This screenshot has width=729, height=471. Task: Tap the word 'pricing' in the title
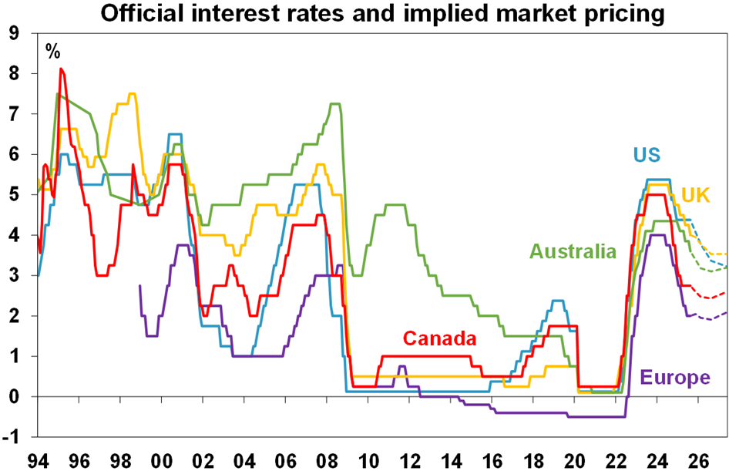click(x=623, y=13)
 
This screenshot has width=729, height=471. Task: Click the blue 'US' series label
click(x=647, y=154)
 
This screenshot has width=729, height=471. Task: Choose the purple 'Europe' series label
click(x=675, y=378)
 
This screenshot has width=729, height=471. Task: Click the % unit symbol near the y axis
click(x=52, y=52)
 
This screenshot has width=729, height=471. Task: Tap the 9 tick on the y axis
click(x=14, y=34)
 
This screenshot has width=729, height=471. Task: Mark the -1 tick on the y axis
click(x=11, y=437)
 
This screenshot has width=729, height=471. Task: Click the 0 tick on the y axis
click(x=14, y=397)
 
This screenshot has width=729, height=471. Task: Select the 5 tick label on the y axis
click(x=14, y=195)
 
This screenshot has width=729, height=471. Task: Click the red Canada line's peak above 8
click(x=61, y=69)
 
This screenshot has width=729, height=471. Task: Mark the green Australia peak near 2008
click(x=335, y=104)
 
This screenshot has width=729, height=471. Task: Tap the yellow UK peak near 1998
click(x=132, y=94)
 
